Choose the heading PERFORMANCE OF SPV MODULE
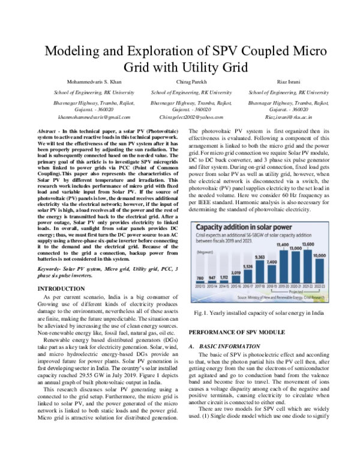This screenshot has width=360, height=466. coord(236,331)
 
